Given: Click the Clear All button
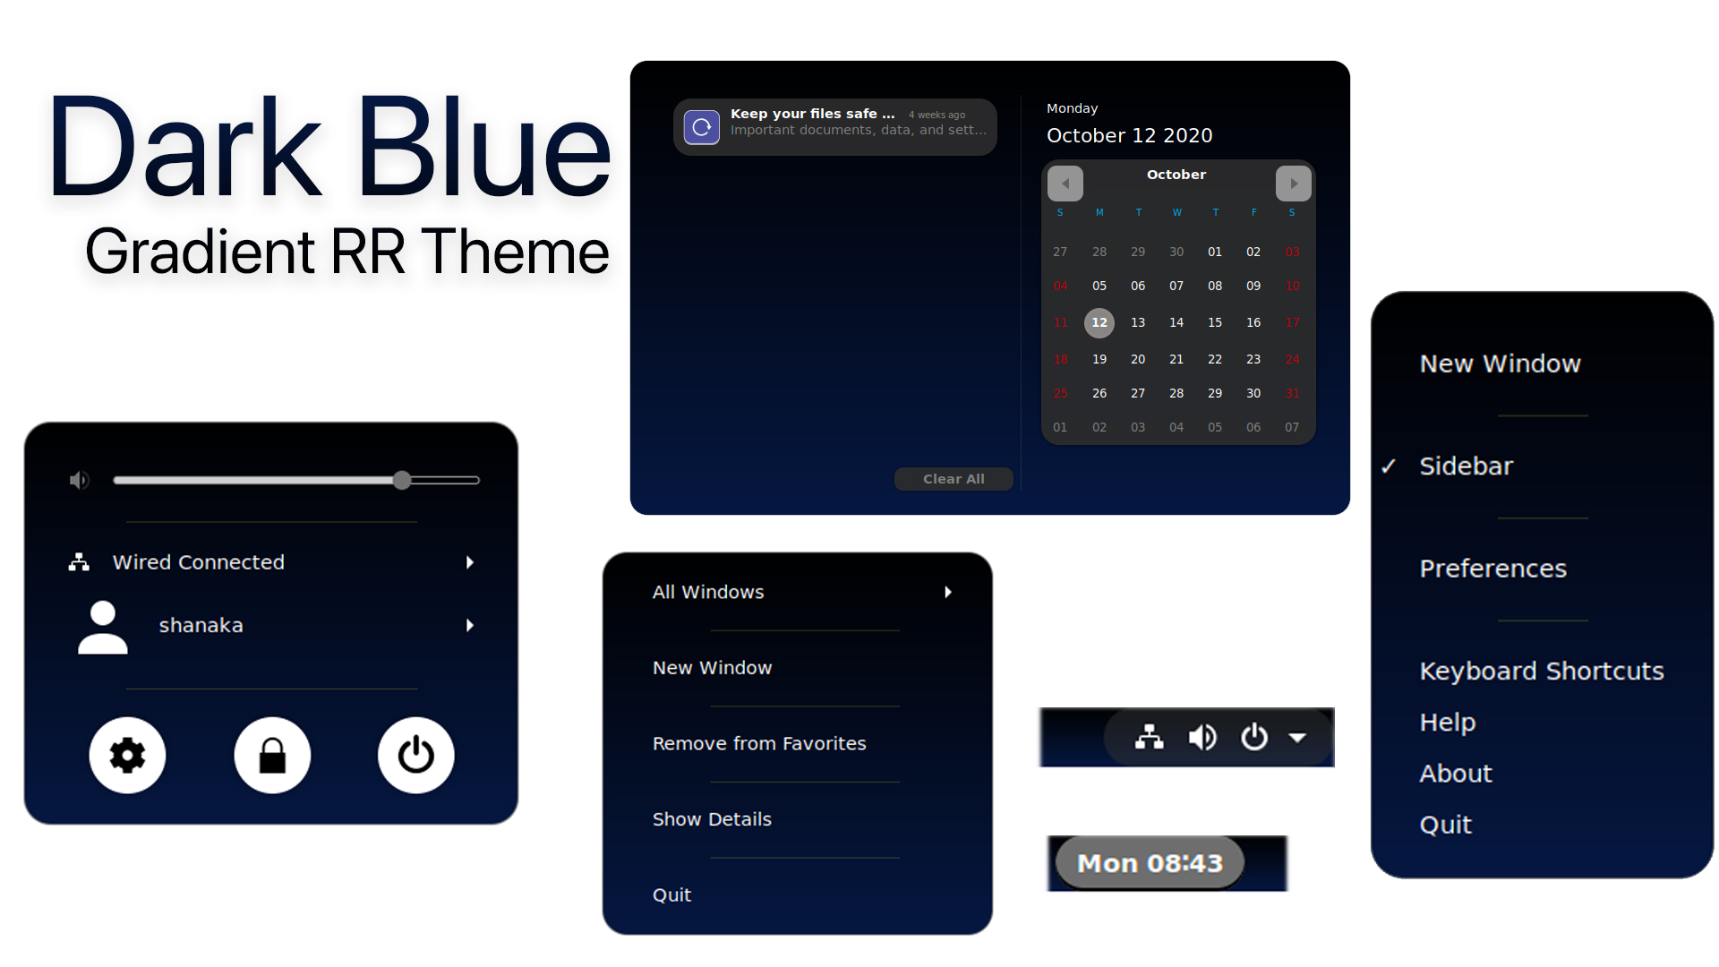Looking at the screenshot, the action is coord(954,479).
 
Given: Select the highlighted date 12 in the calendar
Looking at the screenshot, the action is coord(1099,322).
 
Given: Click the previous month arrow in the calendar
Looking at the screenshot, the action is coord(1065,184).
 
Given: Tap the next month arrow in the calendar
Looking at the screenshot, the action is coord(1294,184).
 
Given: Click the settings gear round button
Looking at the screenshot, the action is coord(127,755).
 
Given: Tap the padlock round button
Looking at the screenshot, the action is coord(272,755).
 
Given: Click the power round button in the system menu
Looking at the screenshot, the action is coord(416,755).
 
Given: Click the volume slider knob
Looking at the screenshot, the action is coord(402,480).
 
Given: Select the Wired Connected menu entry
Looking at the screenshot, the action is coord(199,562).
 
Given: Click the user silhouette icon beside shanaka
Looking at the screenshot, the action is coord(103,627).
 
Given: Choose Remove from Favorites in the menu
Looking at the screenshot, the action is coord(759,743).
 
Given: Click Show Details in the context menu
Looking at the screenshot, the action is coord(712,819).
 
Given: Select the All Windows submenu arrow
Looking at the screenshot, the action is coord(948,592).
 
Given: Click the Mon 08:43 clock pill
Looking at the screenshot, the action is coord(1150,863).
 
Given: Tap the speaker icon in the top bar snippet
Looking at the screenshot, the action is coord(1202,737).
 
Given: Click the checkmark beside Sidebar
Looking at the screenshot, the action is coord(1389,466).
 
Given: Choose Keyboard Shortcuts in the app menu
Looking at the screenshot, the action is coord(1542,671).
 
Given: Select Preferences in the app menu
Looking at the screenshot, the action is coord(1493,569).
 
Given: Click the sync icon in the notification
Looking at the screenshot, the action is coord(702,127).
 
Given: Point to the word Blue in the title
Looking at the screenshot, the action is coord(484,148).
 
